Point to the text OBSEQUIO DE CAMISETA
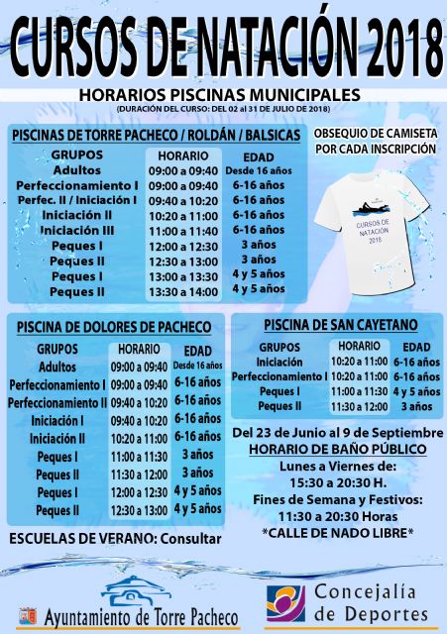click(374, 133)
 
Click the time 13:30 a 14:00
click(182, 291)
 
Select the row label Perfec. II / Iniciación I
click(76, 199)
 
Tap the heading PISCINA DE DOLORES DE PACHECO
click(114, 326)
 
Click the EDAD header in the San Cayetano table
click(416, 348)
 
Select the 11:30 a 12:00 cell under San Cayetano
click(358, 406)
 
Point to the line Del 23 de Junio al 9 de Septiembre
click(337, 434)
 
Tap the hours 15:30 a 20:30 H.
click(337, 482)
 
